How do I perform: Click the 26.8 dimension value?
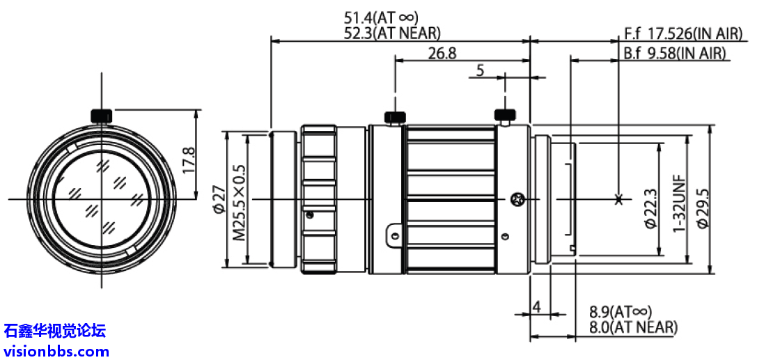point(442,53)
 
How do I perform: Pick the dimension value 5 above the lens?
point(481,70)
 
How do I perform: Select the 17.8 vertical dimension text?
point(188,160)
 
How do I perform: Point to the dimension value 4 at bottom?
point(536,306)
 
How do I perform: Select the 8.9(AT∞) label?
point(621,312)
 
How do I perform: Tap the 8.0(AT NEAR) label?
point(632,327)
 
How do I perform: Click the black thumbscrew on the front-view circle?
point(102,115)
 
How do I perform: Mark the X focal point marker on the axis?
point(619,200)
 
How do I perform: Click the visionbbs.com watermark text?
point(56,351)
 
